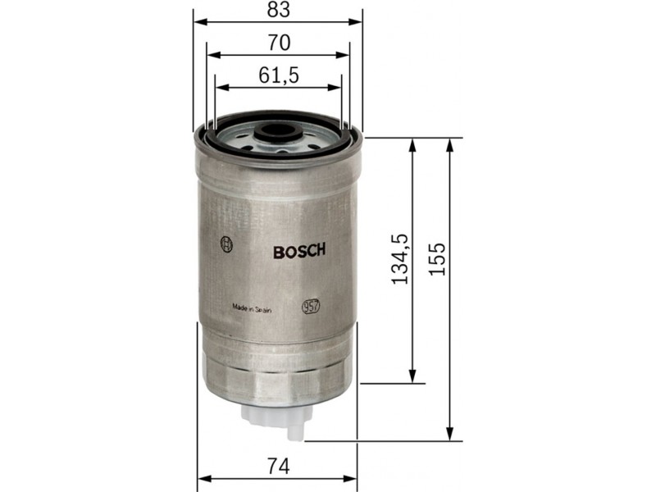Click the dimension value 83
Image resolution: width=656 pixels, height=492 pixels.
(x=279, y=9)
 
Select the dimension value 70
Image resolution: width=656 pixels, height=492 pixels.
(x=279, y=43)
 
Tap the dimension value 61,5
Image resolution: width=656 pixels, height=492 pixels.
(x=279, y=75)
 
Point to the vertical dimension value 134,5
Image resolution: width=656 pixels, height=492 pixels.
(x=399, y=259)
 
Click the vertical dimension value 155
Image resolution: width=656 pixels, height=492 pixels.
(x=438, y=259)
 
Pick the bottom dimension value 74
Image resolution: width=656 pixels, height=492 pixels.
(x=278, y=467)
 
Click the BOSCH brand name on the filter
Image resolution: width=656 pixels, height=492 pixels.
(x=299, y=251)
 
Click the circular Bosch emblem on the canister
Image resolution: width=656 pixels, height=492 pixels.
(x=226, y=244)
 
